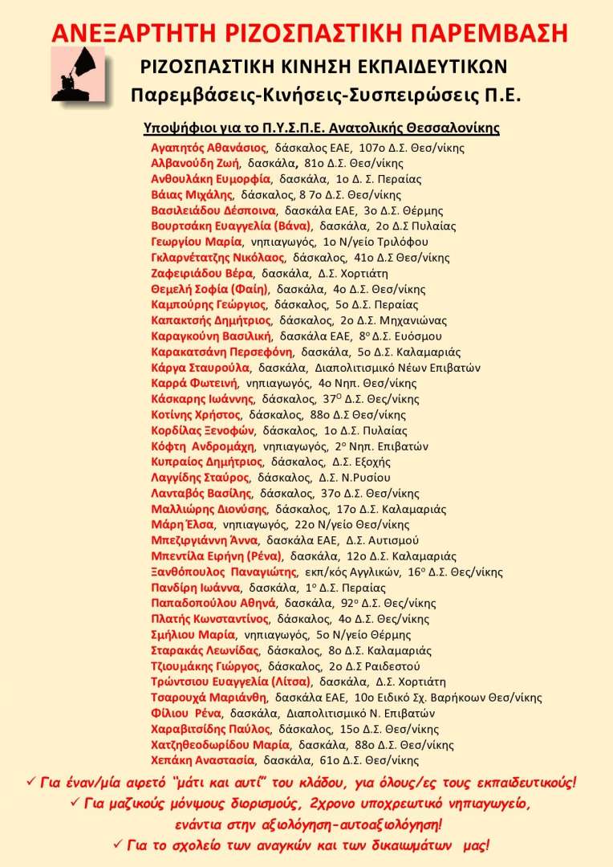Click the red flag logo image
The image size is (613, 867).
click(78, 75)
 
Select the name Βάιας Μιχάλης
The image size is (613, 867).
click(192, 194)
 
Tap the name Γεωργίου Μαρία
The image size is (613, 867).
click(196, 242)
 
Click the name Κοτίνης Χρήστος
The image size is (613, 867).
click(196, 414)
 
